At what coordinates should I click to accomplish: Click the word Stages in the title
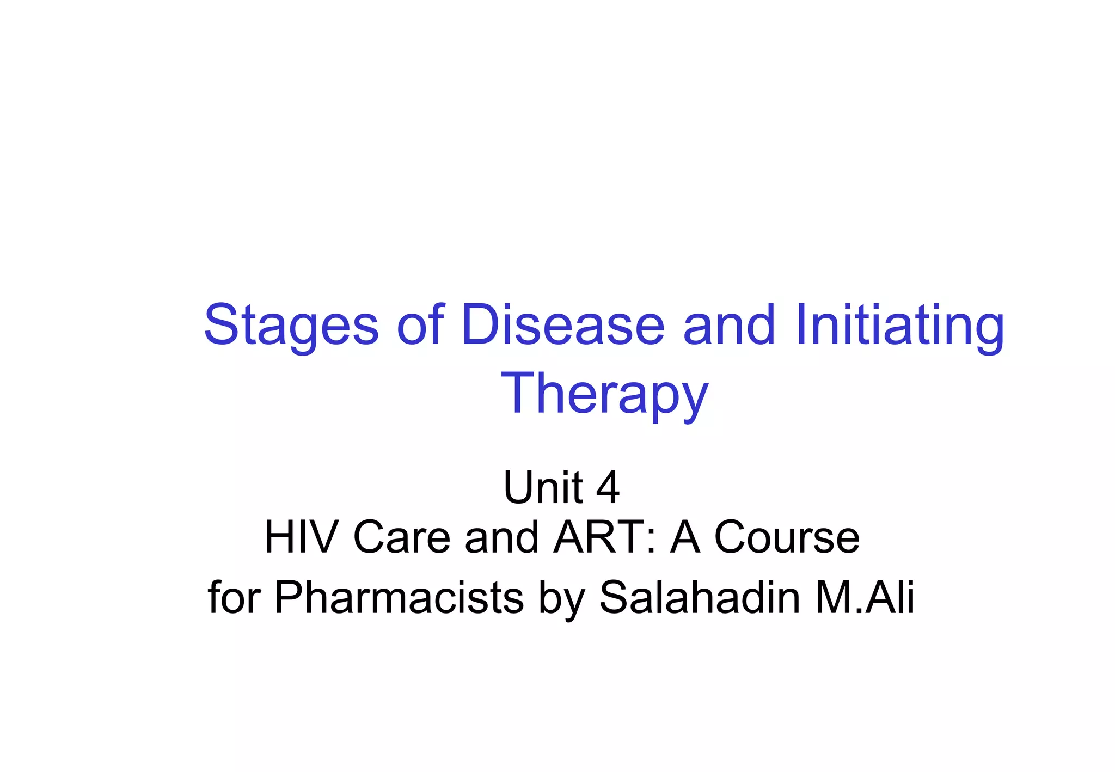[x=291, y=326]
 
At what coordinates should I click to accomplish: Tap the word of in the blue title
[x=420, y=326]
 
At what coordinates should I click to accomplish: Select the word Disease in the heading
[x=563, y=326]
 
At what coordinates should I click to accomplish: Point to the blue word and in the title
[x=729, y=326]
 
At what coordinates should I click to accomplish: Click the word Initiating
[x=899, y=326]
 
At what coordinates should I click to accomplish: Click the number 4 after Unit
[x=608, y=487]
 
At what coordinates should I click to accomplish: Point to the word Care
[x=402, y=537]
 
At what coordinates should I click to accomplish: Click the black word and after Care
[x=502, y=537]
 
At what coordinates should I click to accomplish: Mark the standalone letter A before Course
[x=685, y=537]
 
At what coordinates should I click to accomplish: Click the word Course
[x=787, y=537]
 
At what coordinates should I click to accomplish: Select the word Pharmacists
[x=399, y=598]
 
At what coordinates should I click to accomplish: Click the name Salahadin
[x=700, y=598]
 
